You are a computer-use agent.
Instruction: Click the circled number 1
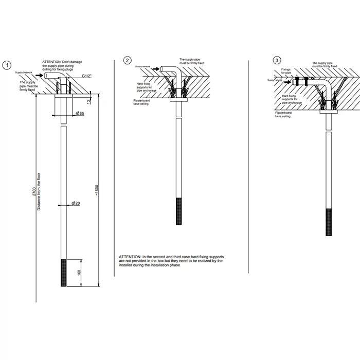pos(7,65)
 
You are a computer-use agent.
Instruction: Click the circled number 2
pos(128,61)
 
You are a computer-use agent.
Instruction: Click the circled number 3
pos(278,61)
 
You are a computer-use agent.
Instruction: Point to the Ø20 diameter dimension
pos(76,204)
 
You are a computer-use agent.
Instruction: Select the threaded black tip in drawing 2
pos(179,211)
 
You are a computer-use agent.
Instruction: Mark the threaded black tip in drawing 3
pos(329,221)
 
